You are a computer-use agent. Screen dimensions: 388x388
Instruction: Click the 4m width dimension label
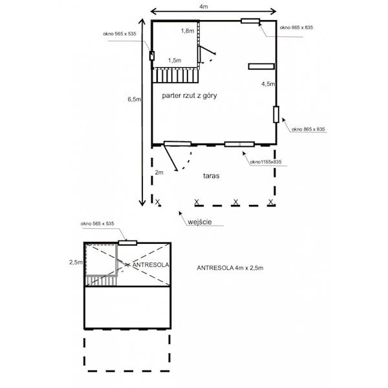coord(204,6)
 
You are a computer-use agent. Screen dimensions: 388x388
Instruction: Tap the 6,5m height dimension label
coord(135,99)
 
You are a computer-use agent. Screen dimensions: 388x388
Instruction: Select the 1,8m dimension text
coord(188,30)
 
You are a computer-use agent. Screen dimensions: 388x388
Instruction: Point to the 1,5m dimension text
coord(175,60)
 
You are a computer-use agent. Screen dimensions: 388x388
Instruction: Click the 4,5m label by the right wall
coord(268,84)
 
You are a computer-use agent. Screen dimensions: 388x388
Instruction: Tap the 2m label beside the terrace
coord(159,172)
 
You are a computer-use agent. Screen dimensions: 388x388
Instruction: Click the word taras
coord(211,176)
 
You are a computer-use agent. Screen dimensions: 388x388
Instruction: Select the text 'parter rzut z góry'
coord(189,96)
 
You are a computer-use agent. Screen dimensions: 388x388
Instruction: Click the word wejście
coord(200,222)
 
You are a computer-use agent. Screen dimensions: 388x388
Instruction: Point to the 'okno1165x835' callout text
coord(266,162)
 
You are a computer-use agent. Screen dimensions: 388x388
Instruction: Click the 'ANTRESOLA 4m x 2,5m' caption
coord(230,268)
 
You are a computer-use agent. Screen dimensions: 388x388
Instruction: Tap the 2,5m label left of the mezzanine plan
coord(76,263)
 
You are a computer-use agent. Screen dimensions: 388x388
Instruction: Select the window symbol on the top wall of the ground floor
coord(250,21)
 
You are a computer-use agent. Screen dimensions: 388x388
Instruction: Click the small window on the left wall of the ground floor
coord(152,56)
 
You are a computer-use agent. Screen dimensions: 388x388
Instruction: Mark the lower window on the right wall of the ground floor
coord(276,114)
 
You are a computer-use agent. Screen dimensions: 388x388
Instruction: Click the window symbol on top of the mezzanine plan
coord(127,242)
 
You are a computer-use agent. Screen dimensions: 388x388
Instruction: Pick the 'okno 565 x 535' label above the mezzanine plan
coord(97,224)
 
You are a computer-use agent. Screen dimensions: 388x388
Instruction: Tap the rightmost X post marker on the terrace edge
coord(271,202)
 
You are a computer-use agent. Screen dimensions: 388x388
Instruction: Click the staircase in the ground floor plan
coord(175,76)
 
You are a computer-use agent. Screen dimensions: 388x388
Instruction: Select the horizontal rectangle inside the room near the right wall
coord(261,67)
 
